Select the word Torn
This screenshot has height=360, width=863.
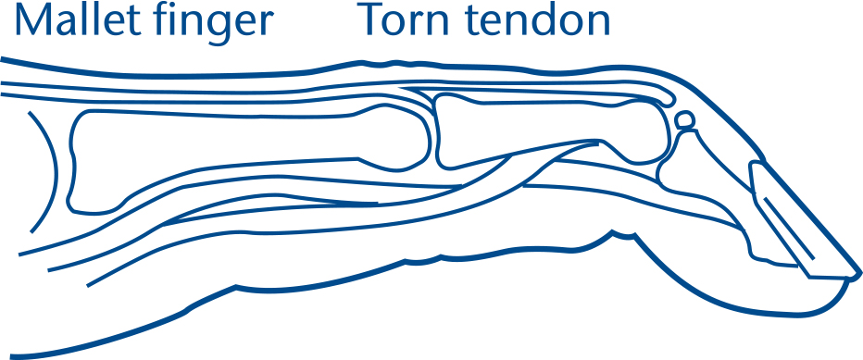tap(400, 20)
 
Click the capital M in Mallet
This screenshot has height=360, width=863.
tap(30, 20)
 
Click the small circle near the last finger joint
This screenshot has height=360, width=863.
tap(684, 119)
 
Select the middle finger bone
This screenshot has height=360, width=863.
tap(546, 134)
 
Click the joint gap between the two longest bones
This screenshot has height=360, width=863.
tap(433, 130)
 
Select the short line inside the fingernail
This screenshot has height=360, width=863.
tap(787, 228)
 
